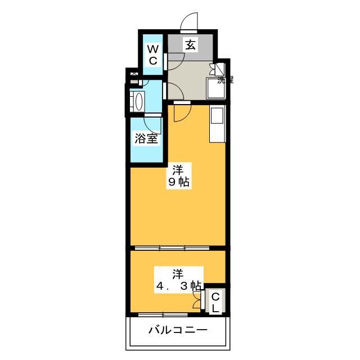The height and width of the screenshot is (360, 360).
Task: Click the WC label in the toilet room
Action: tap(152, 55)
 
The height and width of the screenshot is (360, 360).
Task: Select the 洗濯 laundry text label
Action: tap(226, 80)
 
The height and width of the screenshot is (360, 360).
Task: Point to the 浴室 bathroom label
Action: tap(146, 138)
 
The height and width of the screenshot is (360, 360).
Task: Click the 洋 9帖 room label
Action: tap(178, 175)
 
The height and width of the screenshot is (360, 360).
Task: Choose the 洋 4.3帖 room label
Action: tap(178, 280)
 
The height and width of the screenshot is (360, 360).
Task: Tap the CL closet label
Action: tap(216, 303)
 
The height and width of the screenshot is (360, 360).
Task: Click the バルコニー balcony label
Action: tap(178, 330)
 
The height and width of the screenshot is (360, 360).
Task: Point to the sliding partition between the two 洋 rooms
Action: tap(172, 247)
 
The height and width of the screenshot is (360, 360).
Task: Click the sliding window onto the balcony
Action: tap(163, 314)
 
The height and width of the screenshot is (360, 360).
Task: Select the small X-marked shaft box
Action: tap(133, 74)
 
